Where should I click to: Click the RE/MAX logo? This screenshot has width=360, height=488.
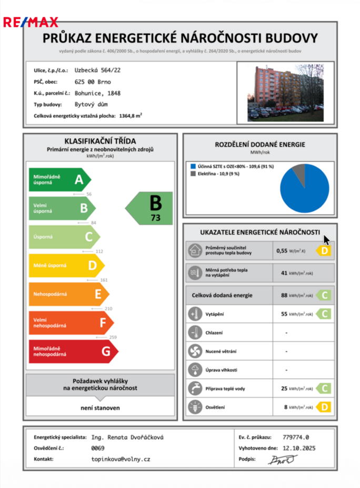coord(31,22)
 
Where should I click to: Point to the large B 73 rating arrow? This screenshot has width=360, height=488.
coord(150,208)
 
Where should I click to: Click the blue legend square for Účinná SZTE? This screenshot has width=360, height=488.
coord(193,166)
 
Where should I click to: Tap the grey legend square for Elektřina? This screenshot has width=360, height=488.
coord(193,174)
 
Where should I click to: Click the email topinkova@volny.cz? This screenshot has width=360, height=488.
coord(121,459)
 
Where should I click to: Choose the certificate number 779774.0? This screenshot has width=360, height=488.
coord(296,437)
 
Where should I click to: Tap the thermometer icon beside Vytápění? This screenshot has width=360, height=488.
coord(195,314)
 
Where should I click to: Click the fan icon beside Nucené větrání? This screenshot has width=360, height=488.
coord(195,351)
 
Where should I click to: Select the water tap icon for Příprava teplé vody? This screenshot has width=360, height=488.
coord(195,389)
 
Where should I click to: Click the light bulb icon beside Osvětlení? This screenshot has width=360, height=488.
coord(195,407)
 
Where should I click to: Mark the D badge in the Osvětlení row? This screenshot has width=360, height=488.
coord(324,407)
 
